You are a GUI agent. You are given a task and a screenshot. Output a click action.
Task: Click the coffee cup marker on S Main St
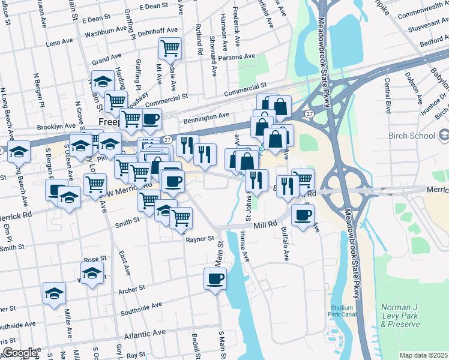coord(215,278)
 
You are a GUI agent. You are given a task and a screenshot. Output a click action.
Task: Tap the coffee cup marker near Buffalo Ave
coord(303,214)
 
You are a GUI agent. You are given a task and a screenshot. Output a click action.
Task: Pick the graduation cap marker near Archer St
coord(54,293)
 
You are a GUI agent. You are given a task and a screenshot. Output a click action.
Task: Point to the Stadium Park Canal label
coord(343,310)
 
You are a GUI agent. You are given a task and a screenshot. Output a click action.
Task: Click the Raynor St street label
coord(200,239)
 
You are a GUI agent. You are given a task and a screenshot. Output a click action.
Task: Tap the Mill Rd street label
coord(264,224)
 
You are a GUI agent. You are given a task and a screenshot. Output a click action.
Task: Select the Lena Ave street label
coord(59,43)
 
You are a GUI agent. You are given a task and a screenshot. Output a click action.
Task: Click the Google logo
coord(20,353)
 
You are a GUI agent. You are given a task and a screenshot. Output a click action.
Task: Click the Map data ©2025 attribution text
coord(423,355)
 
